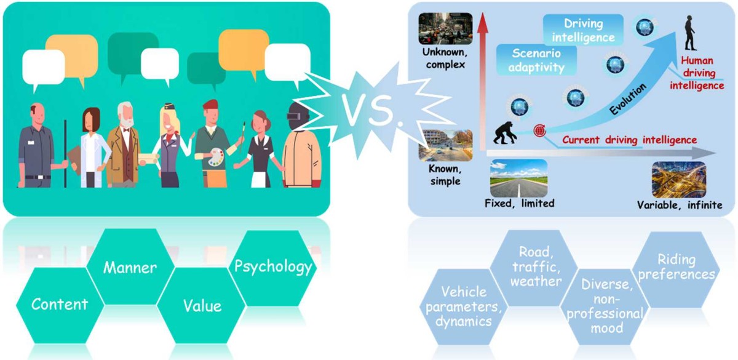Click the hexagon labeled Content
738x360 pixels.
(x=60, y=303)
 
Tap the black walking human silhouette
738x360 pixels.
(x=692, y=34)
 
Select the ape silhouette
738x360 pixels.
(x=506, y=130)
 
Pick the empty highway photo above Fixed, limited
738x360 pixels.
(x=518, y=178)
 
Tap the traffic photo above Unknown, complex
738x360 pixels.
(x=445, y=28)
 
